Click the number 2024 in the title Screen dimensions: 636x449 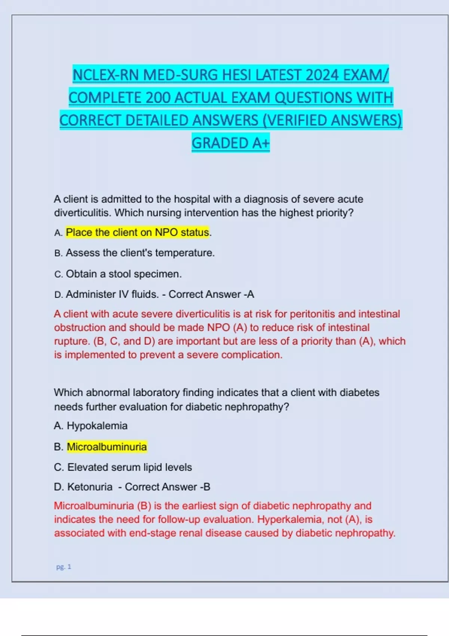[321, 75]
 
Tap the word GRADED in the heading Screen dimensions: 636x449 [216, 143]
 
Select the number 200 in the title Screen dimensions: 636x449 [158, 98]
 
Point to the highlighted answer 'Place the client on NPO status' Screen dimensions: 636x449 [137, 232]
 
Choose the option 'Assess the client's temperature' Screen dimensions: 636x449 [140, 253]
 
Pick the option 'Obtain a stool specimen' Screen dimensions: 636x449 [123, 274]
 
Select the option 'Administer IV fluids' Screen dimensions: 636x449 [112, 294]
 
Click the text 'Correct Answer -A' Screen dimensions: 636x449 [211, 294]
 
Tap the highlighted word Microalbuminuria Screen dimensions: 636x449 [107, 447]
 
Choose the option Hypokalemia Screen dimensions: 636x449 [97, 426]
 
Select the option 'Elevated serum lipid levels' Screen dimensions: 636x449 [129, 467]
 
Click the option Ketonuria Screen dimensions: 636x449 [90, 487]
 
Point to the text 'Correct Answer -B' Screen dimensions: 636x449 [167, 487]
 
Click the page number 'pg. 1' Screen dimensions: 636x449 [64, 567]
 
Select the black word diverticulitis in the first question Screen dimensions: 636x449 [82, 213]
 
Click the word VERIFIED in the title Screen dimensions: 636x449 [296, 120]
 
